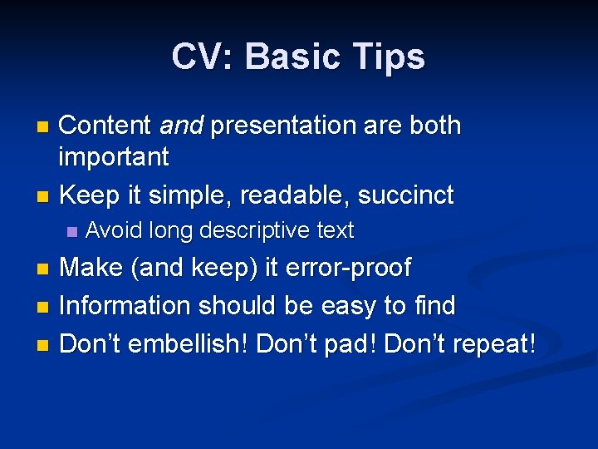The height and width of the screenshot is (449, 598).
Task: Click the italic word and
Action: tap(181, 126)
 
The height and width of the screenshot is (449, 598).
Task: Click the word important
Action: tap(115, 156)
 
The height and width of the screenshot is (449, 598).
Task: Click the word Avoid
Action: tap(110, 230)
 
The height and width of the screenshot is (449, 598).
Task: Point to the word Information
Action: tap(125, 305)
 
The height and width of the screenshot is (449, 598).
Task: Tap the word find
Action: tap(434, 305)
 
